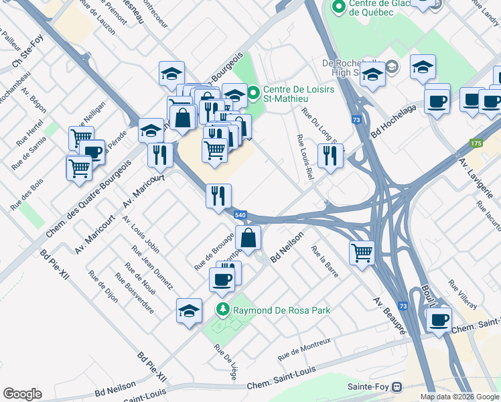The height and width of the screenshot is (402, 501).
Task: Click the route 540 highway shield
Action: [x=241, y=214]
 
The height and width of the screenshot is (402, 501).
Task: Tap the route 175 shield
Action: [x=476, y=143]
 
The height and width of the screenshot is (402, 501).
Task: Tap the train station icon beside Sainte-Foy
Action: [x=397, y=387]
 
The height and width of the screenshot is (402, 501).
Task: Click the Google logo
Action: [x=22, y=393]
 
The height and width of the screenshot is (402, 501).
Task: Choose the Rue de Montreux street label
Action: [x=304, y=347]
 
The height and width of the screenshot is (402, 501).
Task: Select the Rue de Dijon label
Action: [x=103, y=287]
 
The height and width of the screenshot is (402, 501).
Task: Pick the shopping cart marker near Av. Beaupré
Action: [x=362, y=253]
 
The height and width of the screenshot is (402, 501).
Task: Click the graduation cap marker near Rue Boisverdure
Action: [x=189, y=310]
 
